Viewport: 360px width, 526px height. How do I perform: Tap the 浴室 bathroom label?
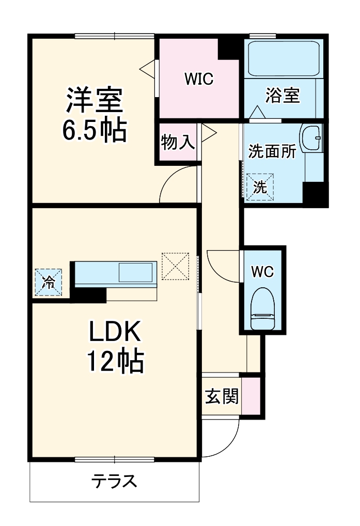[x=283, y=96]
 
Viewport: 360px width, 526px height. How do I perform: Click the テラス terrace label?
[x=114, y=482]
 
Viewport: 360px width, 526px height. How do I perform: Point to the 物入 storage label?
[x=178, y=142]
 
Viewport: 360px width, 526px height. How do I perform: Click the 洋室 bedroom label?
[x=95, y=99]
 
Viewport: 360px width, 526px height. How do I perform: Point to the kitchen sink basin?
[x=136, y=272]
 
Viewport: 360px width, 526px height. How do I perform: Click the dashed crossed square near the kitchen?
[x=176, y=266]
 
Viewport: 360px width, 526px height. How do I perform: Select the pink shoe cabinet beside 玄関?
[x=251, y=396]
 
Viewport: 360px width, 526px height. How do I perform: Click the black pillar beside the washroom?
[x=315, y=195]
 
